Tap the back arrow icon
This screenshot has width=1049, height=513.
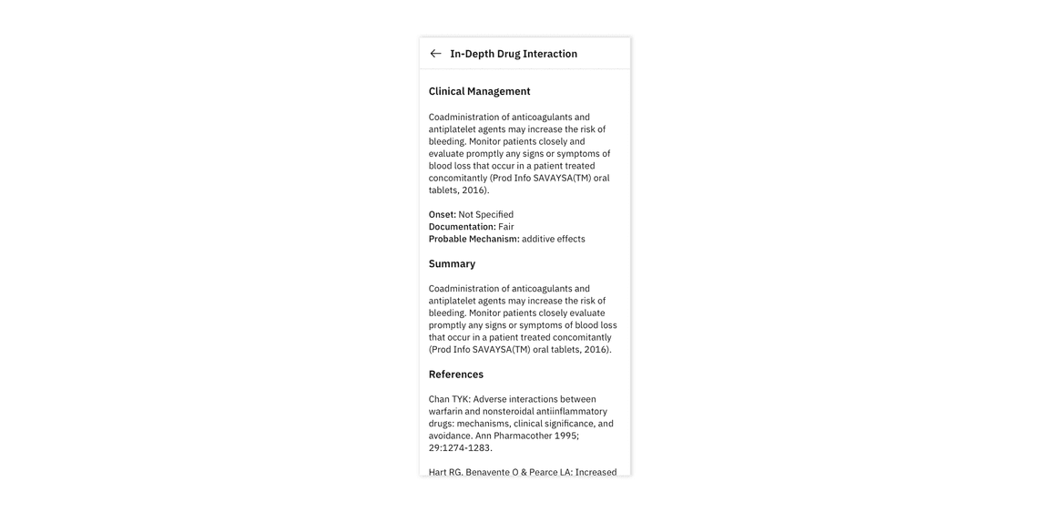(x=435, y=54)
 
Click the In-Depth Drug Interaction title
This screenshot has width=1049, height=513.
(x=514, y=54)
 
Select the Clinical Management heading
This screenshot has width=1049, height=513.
(x=479, y=91)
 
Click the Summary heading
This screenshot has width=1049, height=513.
(x=452, y=263)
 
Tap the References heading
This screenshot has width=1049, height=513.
(x=456, y=374)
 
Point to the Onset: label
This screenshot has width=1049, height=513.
(x=443, y=215)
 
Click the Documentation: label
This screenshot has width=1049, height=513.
(x=462, y=227)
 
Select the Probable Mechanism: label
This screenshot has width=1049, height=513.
(x=474, y=239)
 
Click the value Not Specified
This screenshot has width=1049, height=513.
(x=486, y=215)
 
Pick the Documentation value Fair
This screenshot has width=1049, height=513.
(x=506, y=227)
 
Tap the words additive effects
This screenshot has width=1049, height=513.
(x=554, y=239)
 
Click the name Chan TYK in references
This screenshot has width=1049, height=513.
(x=449, y=399)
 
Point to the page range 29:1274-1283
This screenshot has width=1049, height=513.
(x=460, y=447)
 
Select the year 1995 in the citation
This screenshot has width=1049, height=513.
(x=565, y=436)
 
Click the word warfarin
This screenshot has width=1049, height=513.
(x=445, y=411)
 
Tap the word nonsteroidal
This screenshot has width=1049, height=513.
(x=507, y=411)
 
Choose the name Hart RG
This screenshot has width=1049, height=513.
(x=445, y=472)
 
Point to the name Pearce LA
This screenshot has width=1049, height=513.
(x=550, y=472)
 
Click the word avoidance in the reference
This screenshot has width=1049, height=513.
(x=450, y=436)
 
